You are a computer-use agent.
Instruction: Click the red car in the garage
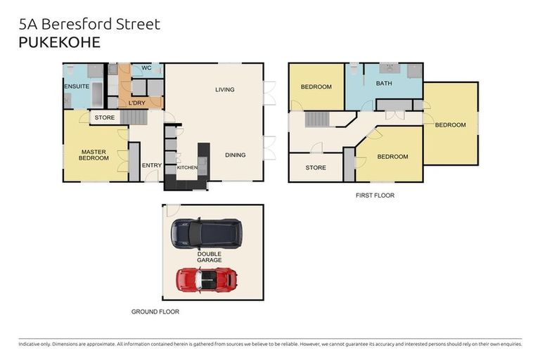207,278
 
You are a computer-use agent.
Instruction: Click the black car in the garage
206,233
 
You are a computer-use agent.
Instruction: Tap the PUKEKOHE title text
59,42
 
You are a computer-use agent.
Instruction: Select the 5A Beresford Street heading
89,24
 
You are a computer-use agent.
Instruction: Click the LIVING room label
225,90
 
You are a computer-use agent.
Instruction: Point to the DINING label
236,155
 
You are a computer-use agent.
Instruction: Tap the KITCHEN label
187,167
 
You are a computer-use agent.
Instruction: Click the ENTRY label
152,166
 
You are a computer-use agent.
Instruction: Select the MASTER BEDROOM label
94,155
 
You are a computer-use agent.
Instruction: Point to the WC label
146,68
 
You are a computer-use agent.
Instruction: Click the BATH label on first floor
384,84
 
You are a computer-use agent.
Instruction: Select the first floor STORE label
316,168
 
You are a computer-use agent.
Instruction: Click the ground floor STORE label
105,117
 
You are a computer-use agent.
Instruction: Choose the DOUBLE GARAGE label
210,257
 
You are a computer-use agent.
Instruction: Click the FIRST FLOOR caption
375,195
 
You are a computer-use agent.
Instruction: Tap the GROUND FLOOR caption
155,311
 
